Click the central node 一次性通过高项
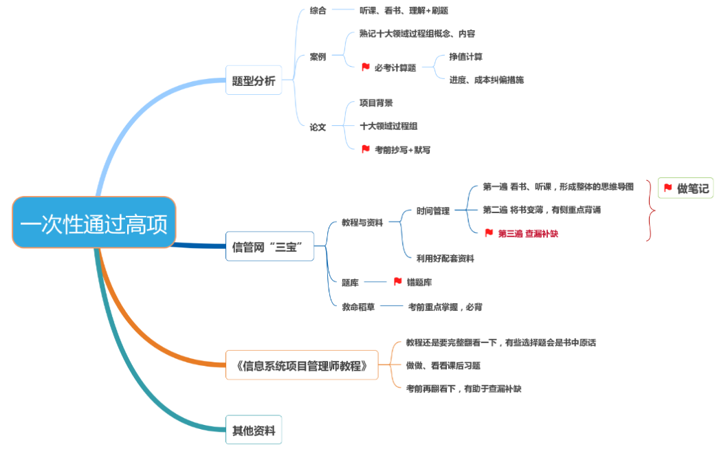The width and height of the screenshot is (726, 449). tap(94, 222)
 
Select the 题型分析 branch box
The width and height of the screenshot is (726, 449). tap(254, 80)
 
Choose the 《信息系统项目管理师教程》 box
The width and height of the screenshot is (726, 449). tap(302, 365)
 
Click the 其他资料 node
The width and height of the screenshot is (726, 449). tap(254, 431)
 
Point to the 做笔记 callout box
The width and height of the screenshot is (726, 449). tap(685, 188)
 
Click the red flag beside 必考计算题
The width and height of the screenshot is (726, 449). tap(366, 67)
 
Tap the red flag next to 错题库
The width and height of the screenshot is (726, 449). tap(397, 282)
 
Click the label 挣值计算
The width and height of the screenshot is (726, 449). tap(465, 56)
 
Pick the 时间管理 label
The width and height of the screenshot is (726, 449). tap(433, 211)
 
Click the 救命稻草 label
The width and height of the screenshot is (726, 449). tap(358, 307)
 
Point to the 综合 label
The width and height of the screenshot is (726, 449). tap(318, 10)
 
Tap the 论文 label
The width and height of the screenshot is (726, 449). tap(318, 127)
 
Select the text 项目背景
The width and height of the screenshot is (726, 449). tap(376, 103)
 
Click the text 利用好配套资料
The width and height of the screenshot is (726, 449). tap(445, 259)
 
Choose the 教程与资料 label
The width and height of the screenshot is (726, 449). tap(362, 222)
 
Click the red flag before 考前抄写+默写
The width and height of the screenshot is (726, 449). tap(366, 149)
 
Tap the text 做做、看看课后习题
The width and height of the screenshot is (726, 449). tap(443, 366)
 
